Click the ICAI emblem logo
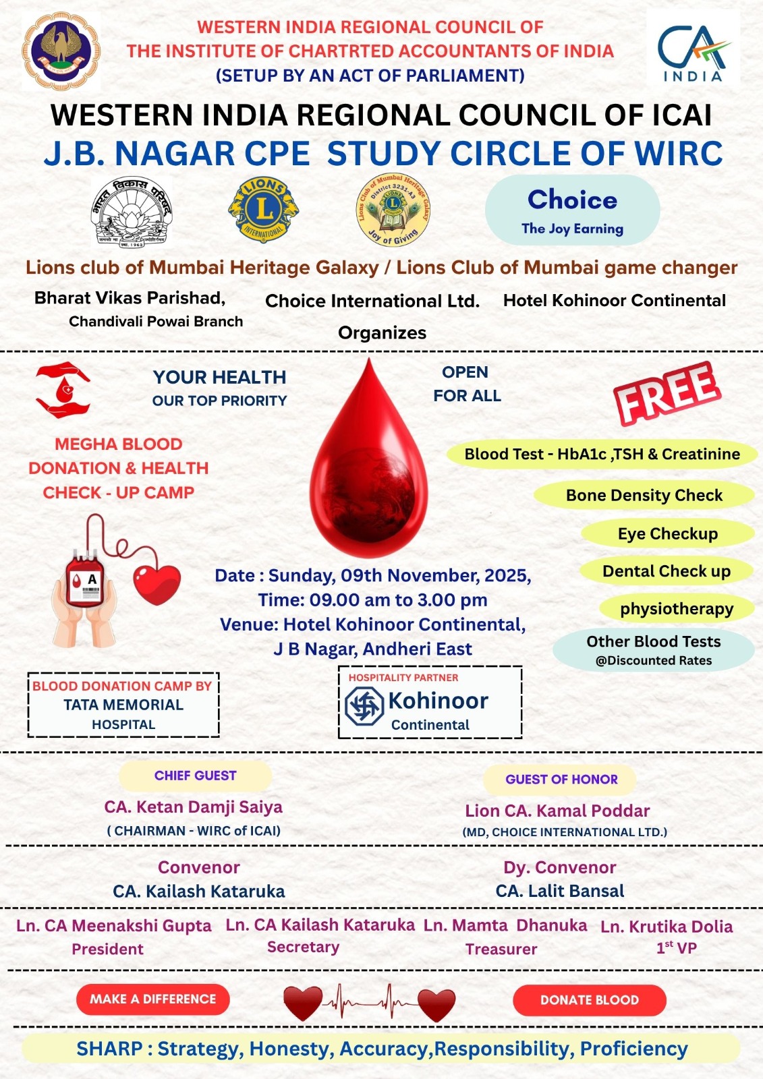(x=61, y=51)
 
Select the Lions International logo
(x=263, y=209)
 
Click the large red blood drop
(x=368, y=459)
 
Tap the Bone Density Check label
(x=644, y=496)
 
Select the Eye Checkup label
(x=667, y=533)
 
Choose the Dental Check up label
(x=667, y=571)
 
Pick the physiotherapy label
(x=676, y=609)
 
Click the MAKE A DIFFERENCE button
(x=153, y=999)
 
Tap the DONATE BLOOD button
(x=589, y=1000)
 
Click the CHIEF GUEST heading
(x=195, y=776)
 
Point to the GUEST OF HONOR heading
(x=561, y=780)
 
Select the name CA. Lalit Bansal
(x=560, y=891)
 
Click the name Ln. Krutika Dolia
(x=667, y=927)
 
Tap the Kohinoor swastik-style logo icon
(x=364, y=705)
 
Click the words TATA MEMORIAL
(x=123, y=705)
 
